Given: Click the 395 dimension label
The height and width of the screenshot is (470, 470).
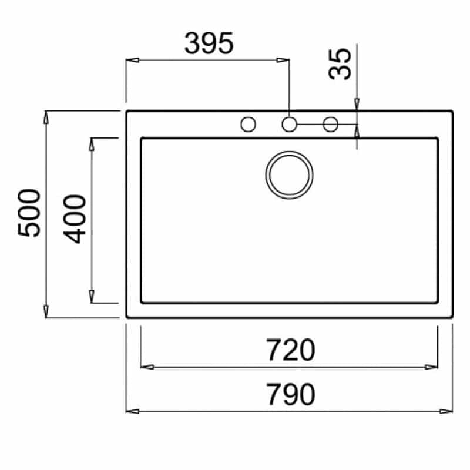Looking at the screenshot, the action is coord(209,43).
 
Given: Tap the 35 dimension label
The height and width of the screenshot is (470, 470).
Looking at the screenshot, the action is coord(340,64).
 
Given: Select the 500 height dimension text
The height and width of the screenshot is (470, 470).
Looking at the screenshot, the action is coord(29,213).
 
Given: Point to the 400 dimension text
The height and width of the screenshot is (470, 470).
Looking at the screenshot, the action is coord(75,219).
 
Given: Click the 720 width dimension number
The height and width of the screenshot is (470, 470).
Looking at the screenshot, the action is coord(290,350).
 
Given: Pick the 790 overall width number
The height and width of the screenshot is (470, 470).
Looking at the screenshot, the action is coord(290,394).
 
